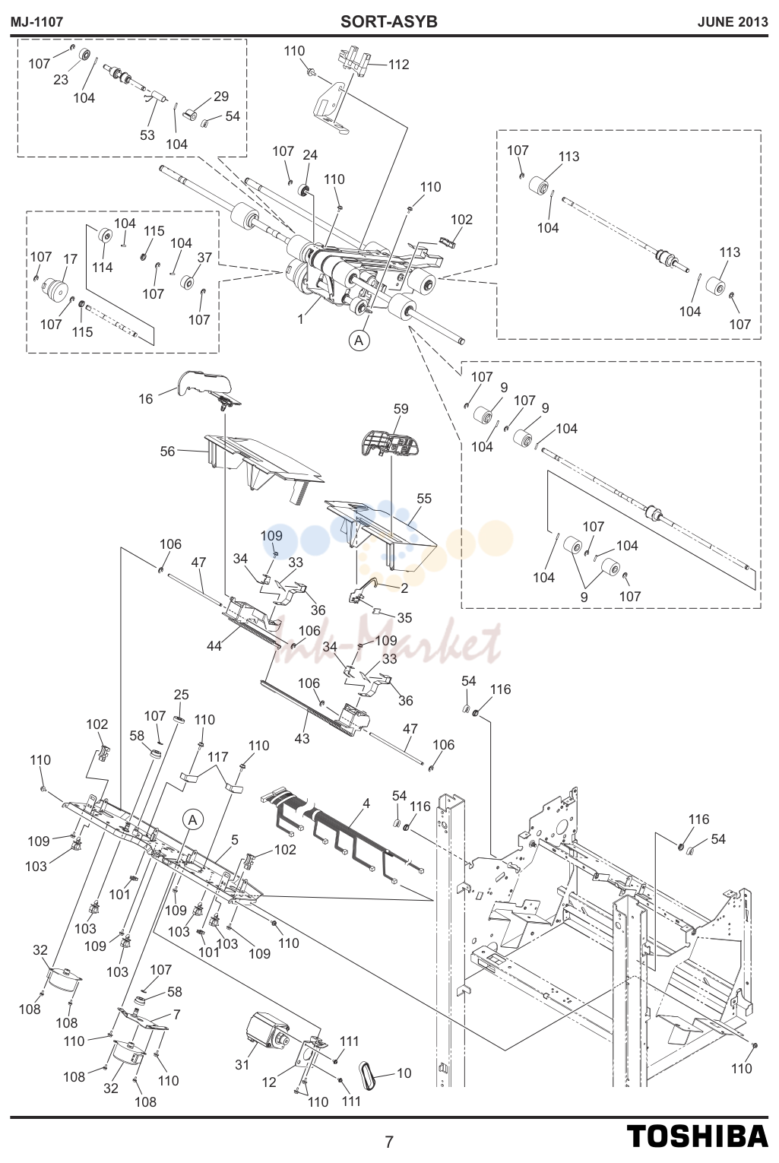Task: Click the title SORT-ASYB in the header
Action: [x=389, y=22]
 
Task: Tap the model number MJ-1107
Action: [x=36, y=22]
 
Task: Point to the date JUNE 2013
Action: [x=733, y=22]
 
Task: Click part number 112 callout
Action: [x=398, y=65]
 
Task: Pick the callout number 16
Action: [x=146, y=399]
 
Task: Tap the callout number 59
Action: [x=401, y=409]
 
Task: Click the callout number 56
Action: [x=167, y=452]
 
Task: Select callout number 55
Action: [x=424, y=499]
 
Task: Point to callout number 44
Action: [x=214, y=646]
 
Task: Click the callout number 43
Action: [x=302, y=738]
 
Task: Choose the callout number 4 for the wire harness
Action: [x=366, y=803]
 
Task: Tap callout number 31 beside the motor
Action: [x=242, y=1064]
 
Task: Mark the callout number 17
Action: [x=71, y=258]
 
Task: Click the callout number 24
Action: [x=310, y=155]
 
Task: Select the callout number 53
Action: [x=147, y=135]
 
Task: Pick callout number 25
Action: [x=181, y=694]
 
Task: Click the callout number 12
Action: [x=269, y=1082]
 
